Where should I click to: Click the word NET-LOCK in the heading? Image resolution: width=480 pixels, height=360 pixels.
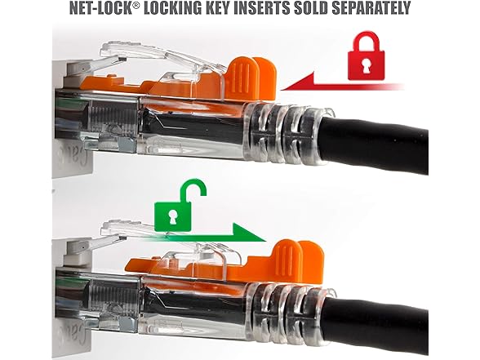[x=100, y=8]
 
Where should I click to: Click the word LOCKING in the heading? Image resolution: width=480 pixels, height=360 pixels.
[x=173, y=8]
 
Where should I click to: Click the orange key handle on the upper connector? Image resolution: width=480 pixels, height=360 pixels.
[x=252, y=78]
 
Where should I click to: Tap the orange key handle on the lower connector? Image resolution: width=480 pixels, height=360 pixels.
[x=299, y=260]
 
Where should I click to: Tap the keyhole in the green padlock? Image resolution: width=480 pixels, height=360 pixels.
[x=172, y=217]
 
